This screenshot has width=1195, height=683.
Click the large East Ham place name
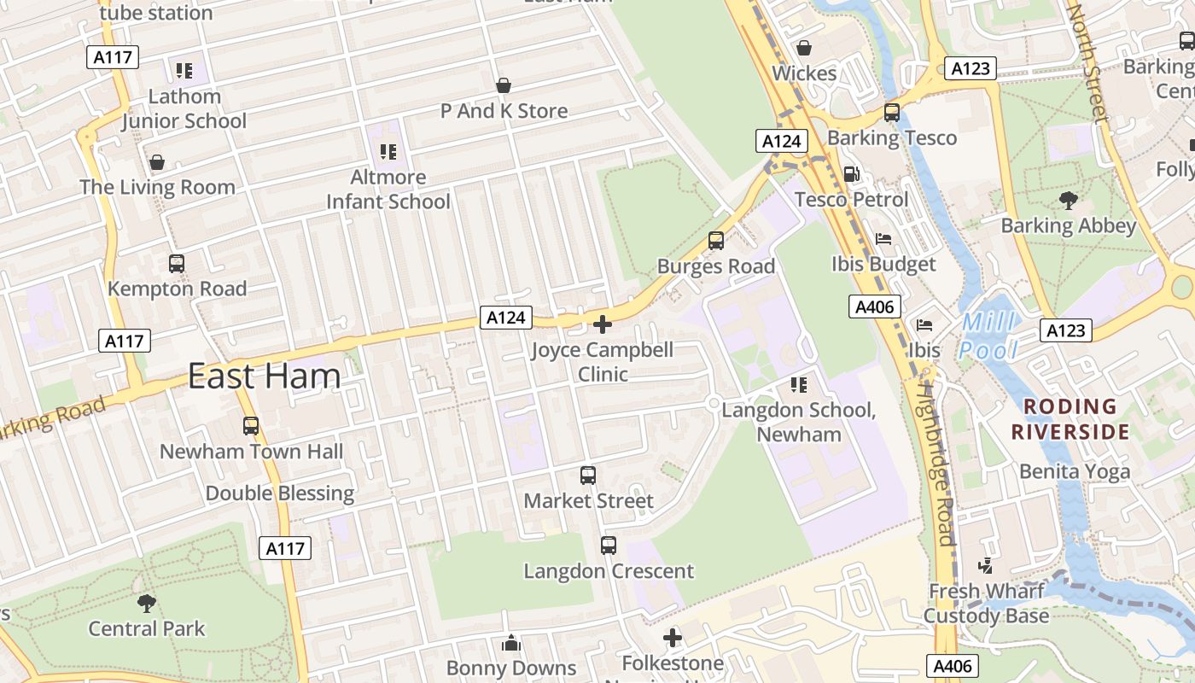click(x=264, y=377)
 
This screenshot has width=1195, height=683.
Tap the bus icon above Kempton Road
click(x=177, y=264)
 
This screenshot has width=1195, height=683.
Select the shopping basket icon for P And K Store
click(x=504, y=85)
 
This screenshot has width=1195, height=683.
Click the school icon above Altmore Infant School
click(x=388, y=152)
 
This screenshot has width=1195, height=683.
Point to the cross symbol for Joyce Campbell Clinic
click(x=603, y=324)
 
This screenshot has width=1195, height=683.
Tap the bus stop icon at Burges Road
click(x=716, y=241)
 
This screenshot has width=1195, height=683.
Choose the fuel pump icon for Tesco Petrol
click(x=851, y=174)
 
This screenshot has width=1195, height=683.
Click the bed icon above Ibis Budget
click(x=883, y=239)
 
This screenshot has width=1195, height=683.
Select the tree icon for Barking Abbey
click(x=1068, y=201)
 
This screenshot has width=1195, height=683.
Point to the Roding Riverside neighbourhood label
click(x=1070, y=419)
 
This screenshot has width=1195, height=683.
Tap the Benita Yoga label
click(x=1075, y=471)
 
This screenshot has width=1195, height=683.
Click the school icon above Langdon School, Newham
click(x=799, y=385)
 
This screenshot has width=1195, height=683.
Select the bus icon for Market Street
click(x=588, y=476)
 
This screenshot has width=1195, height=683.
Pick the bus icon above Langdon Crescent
click(x=609, y=546)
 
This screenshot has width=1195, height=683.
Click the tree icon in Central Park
click(x=147, y=604)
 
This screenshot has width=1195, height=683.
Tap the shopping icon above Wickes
click(x=803, y=48)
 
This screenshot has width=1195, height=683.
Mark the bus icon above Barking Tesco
click(x=892, y=112)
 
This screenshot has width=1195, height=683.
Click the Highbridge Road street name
click(x=936, y=461)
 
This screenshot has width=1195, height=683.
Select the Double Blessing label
click(x=280, y=493)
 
